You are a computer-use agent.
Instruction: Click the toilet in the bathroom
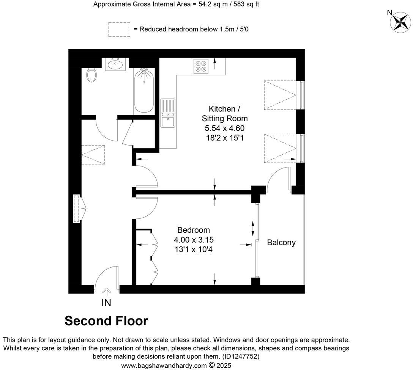pyautogui.click(x=91, y=75)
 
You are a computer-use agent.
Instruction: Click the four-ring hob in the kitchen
pyautogui.click(x=201, y=66)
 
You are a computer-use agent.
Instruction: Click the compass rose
pyautogui.click(x=401, y=21)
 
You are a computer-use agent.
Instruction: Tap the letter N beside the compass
pyautogui.click(x=389, y=13)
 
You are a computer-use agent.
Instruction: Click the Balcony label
pyautogui.click(x=281, y=243)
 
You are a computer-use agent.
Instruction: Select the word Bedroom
pyautogui.click(x=194, y=230)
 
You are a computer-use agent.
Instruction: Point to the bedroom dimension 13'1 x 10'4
pyautogui.click(x=194, y=249)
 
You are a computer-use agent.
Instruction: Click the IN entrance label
pyautogui.click(x=106, y=303)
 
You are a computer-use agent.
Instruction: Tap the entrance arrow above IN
pyautogui.click(x=107, y=292)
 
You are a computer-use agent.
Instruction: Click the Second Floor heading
pyautogui.click(x=106, y=321)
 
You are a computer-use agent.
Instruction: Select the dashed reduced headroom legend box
pyautogui.click(x=119, y=30)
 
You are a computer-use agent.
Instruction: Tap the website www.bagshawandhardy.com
pyautogui.click(x=164, y=365)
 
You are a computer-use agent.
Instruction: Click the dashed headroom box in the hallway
pyautogui.click(x=93, y=155)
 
